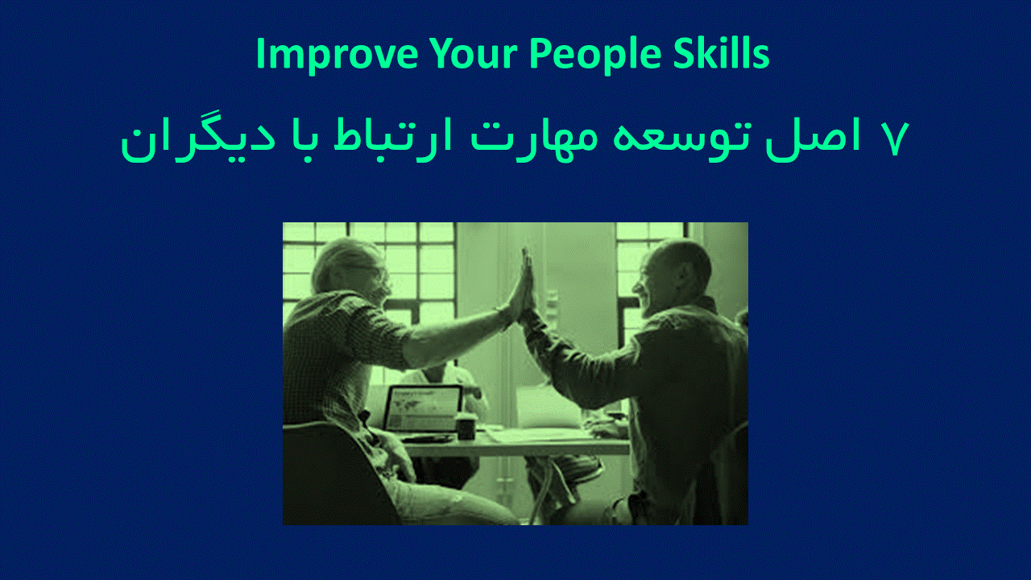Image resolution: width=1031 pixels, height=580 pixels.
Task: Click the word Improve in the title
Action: point(337,54)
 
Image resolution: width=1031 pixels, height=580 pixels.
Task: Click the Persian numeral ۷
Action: point(895,139)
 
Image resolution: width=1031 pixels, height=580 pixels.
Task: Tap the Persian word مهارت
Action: point(534,138)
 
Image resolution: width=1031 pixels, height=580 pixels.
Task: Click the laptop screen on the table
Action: point(424,408)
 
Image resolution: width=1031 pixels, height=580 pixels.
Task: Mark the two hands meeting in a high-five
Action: point(524,288)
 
